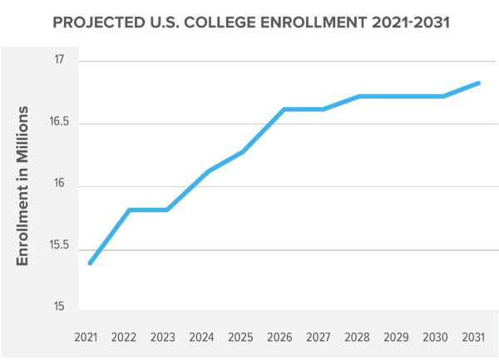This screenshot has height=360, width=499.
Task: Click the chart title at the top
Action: [249, 22]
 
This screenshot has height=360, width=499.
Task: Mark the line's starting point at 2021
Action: [88, 264]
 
